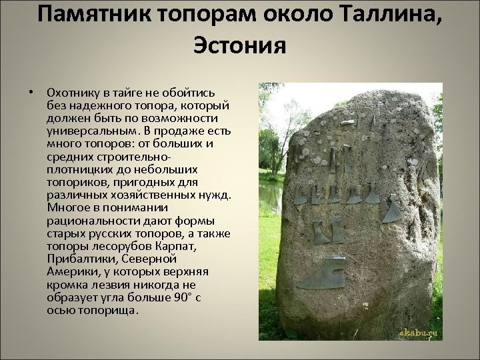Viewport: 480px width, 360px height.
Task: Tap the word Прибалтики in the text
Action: tap(80, 258)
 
